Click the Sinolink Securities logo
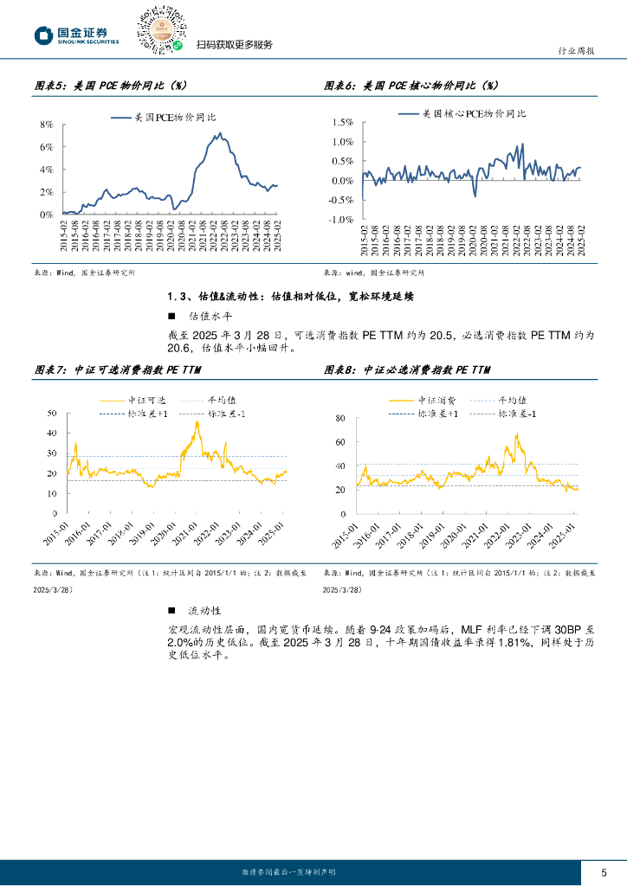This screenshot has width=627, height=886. point(77,35)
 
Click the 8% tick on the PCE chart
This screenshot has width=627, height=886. point(48,125)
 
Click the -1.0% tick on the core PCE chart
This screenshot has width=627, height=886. point(339,220)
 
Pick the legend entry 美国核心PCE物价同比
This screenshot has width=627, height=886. point(473,113)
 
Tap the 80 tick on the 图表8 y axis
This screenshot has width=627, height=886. point(339,418)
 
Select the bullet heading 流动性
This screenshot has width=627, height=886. point(199,612)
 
